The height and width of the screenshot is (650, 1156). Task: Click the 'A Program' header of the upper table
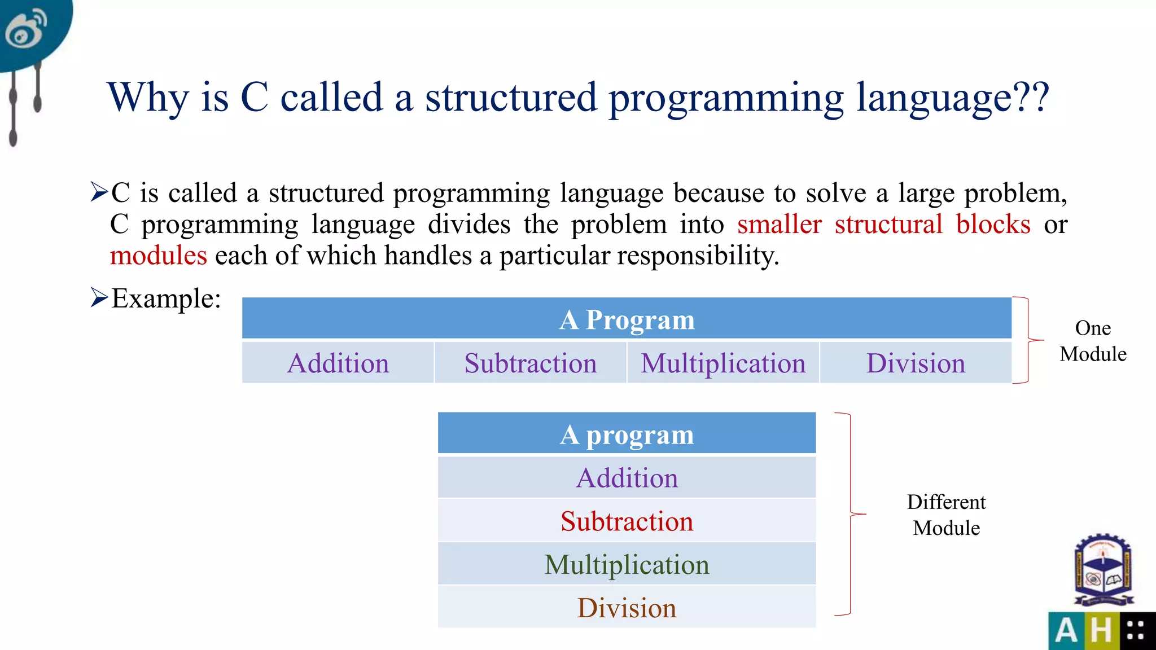point(627,319)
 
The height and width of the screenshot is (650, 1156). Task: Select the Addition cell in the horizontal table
point(338,363)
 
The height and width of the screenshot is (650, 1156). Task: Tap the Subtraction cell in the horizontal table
point(531,363)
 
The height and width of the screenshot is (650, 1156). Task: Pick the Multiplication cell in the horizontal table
point(723,363)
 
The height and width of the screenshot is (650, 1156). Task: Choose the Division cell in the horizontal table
point(916,363)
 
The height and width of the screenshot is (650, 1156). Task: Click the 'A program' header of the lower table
point(627,434)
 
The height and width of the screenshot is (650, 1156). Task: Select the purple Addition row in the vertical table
point(627,478)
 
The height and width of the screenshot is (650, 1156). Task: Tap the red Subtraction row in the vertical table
point(627,521)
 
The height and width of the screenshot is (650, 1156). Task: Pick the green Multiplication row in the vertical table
point(627,564)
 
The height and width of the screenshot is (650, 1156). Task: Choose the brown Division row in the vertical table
point(627,608)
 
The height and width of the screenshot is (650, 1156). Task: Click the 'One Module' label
point(1093,341)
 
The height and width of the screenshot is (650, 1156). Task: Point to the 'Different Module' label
point(946,515)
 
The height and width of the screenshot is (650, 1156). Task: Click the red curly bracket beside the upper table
point(1028,340)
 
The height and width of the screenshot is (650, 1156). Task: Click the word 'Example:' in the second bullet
point(165,298)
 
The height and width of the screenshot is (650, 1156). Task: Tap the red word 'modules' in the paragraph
point(159,256)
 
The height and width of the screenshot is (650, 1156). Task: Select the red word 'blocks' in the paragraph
point(993,225)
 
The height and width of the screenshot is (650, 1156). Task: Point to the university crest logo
point(1104,570)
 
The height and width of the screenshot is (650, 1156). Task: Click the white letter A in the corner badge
point(1066,630)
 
